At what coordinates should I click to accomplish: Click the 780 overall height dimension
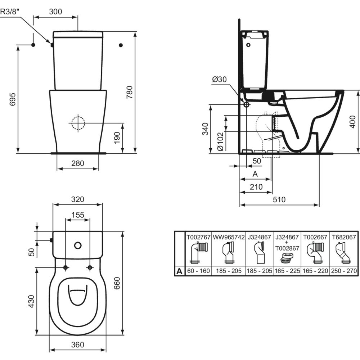pos(130,92)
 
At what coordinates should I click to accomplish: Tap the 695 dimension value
pos(13,99)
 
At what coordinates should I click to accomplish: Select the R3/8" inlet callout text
pos(9,12)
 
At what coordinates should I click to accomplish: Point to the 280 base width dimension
pos(78,163)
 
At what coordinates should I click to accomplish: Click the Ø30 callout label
pos(220,80)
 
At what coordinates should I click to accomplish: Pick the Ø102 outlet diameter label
pos(220,141)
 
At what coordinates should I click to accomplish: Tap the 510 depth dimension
pos(279,199)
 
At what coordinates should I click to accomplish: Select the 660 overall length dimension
pos(117,283)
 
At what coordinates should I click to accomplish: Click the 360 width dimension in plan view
pos(78,345)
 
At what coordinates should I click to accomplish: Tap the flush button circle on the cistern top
pos(78,246)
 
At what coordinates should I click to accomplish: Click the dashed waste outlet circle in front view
pos(78,123)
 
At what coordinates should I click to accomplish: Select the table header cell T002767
pos(198,237)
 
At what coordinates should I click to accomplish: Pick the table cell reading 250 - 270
pos(344,271)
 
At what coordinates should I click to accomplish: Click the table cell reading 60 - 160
pos(198,271)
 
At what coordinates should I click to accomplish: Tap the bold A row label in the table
pos(179,271)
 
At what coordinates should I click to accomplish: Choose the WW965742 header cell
pos(229,237)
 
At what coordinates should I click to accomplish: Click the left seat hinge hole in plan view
pos(66,267)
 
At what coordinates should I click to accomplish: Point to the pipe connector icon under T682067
pos(343,254)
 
